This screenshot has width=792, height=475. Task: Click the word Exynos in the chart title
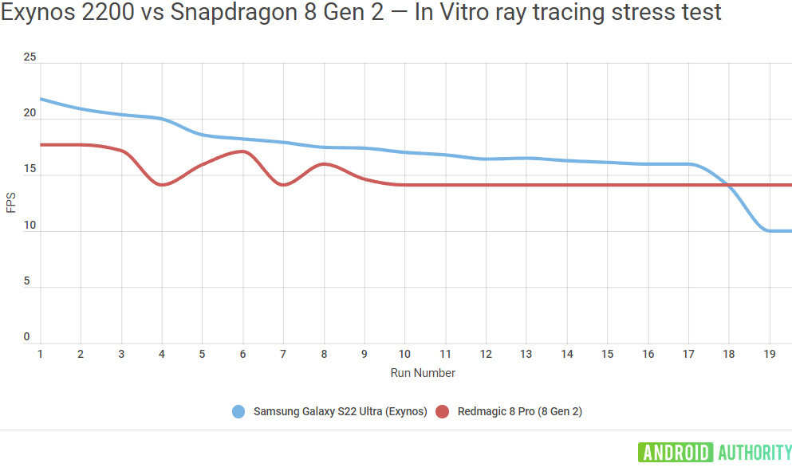coord(34,13)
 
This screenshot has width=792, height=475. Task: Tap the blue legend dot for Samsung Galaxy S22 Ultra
coord(238,412)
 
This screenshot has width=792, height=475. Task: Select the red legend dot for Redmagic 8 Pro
coord(443,412)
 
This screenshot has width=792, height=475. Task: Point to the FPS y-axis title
coord(10,204)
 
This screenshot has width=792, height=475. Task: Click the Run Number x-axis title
coord(423,373)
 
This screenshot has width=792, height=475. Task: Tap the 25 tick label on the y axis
coord(30,58)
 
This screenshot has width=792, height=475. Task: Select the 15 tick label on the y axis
coord(30,170)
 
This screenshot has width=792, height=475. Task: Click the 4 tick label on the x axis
coord(162,354)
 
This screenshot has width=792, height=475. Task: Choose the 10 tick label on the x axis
coord(405,354)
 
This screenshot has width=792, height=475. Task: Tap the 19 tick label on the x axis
coord(770,354)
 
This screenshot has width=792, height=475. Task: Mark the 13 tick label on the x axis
coord(526,354)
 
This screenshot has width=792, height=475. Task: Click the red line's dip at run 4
coord(163,185)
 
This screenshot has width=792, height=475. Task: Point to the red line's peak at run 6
coord(242,151)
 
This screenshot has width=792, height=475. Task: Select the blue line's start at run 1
coord(41,99)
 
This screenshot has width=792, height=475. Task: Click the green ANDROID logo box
coord(675,453)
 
